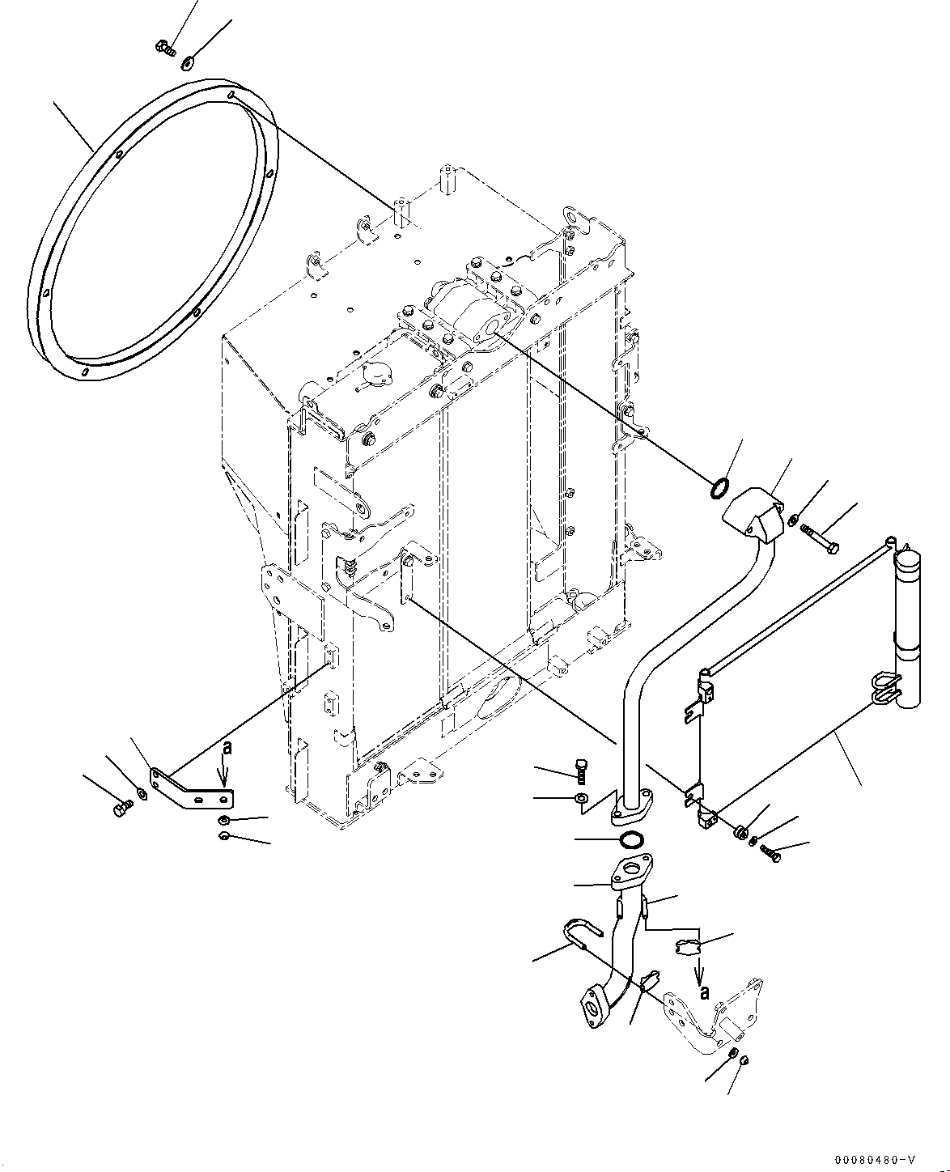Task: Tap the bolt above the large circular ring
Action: [164, 48]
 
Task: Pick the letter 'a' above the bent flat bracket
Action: [227, 749]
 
